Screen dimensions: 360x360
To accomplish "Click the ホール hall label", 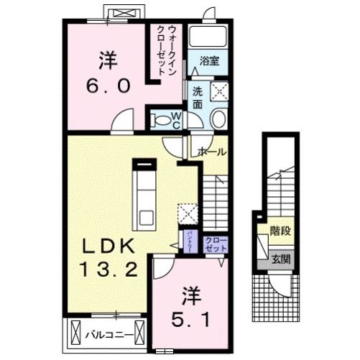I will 212,152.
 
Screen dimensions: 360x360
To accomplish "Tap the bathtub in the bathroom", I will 208,37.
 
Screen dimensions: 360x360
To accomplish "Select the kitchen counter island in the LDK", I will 145,194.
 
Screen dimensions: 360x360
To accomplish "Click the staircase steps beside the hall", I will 213,198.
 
